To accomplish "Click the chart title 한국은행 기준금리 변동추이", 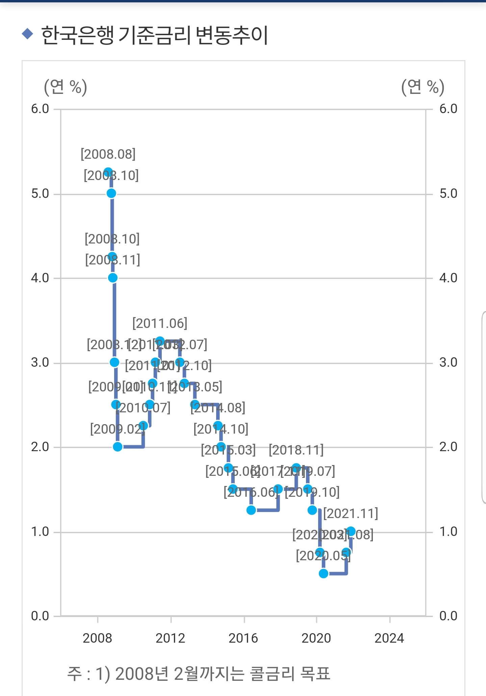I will [x=155, y=35].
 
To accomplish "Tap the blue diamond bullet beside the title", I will [x=27, y=33].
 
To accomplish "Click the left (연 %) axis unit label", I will [x=66, y=87].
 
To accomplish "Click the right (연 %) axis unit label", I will [x=423, y=87].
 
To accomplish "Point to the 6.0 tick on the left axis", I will [x=40, y=109].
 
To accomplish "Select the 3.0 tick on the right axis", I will [x=448, y=362].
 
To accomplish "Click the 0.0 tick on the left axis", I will [x=40, y=616].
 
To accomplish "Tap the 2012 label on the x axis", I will [x=170, y=638].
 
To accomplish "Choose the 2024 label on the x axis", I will [x=389, y=638].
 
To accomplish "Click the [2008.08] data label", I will [x=108, y=154].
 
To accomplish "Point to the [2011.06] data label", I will [x=160, y=324].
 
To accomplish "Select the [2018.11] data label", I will [x=296, y=450].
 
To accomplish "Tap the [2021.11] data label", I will [x=351, y=514].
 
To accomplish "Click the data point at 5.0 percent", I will [x=111, y=193].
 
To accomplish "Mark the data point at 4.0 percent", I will [x=113, y=278].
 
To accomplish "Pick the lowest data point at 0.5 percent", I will [x=324, y=573].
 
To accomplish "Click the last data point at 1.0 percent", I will [x=351, y=532].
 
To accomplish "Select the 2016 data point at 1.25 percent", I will [x=251, y=510].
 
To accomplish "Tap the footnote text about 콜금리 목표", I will [x=199, y=674].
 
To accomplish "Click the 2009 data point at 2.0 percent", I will [x=118, y=447].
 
